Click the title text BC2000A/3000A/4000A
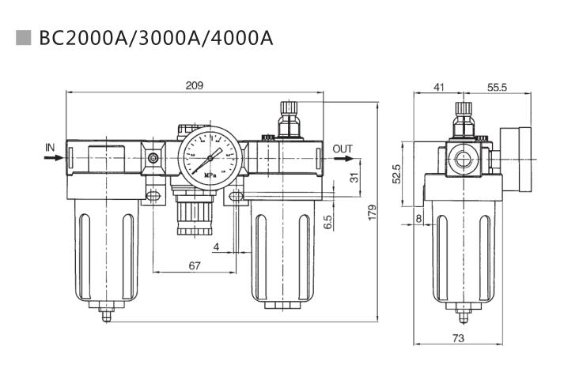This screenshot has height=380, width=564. (155, 38)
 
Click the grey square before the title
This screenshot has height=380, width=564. (23, 37)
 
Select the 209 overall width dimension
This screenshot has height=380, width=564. (195, 85)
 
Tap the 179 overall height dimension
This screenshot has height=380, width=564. (373, 212)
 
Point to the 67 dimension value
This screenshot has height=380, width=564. (195, 266)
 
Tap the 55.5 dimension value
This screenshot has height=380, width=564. (496, 87)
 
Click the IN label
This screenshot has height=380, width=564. (50, 147)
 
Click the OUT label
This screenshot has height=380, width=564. (343, 148)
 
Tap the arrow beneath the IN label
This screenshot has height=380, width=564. (52, 157)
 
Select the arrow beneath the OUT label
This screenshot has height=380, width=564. (343, 157)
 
